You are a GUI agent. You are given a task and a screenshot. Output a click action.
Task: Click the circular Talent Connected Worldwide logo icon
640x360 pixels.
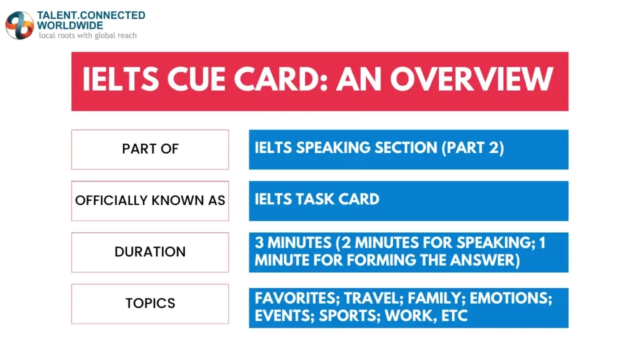[x=19, y=25]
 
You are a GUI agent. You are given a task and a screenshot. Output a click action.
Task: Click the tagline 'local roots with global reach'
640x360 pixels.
[x=87, y=36]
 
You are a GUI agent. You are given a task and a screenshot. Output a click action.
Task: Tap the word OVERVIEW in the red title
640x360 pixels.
[x=472, y=80]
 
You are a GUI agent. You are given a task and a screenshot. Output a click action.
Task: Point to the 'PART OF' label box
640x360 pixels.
[x=150, y=149]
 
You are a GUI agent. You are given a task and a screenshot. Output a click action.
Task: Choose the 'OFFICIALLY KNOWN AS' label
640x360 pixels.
[x=150, y=201]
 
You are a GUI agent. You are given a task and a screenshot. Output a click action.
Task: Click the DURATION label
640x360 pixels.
[x=150, y=252]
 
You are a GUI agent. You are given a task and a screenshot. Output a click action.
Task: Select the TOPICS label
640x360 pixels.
[x=150, y=303]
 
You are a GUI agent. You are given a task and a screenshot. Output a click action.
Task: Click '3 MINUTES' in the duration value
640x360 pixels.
[x=291, y=242]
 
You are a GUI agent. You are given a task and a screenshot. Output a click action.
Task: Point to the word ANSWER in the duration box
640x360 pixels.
[x=486, y=260]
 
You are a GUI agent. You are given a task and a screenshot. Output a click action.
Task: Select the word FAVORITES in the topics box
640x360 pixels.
[x=296, y=299]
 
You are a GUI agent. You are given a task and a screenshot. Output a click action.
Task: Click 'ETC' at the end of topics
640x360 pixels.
[x=454, y=316]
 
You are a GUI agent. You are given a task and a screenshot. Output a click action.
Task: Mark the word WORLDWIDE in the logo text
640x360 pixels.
[x=70, y=25]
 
